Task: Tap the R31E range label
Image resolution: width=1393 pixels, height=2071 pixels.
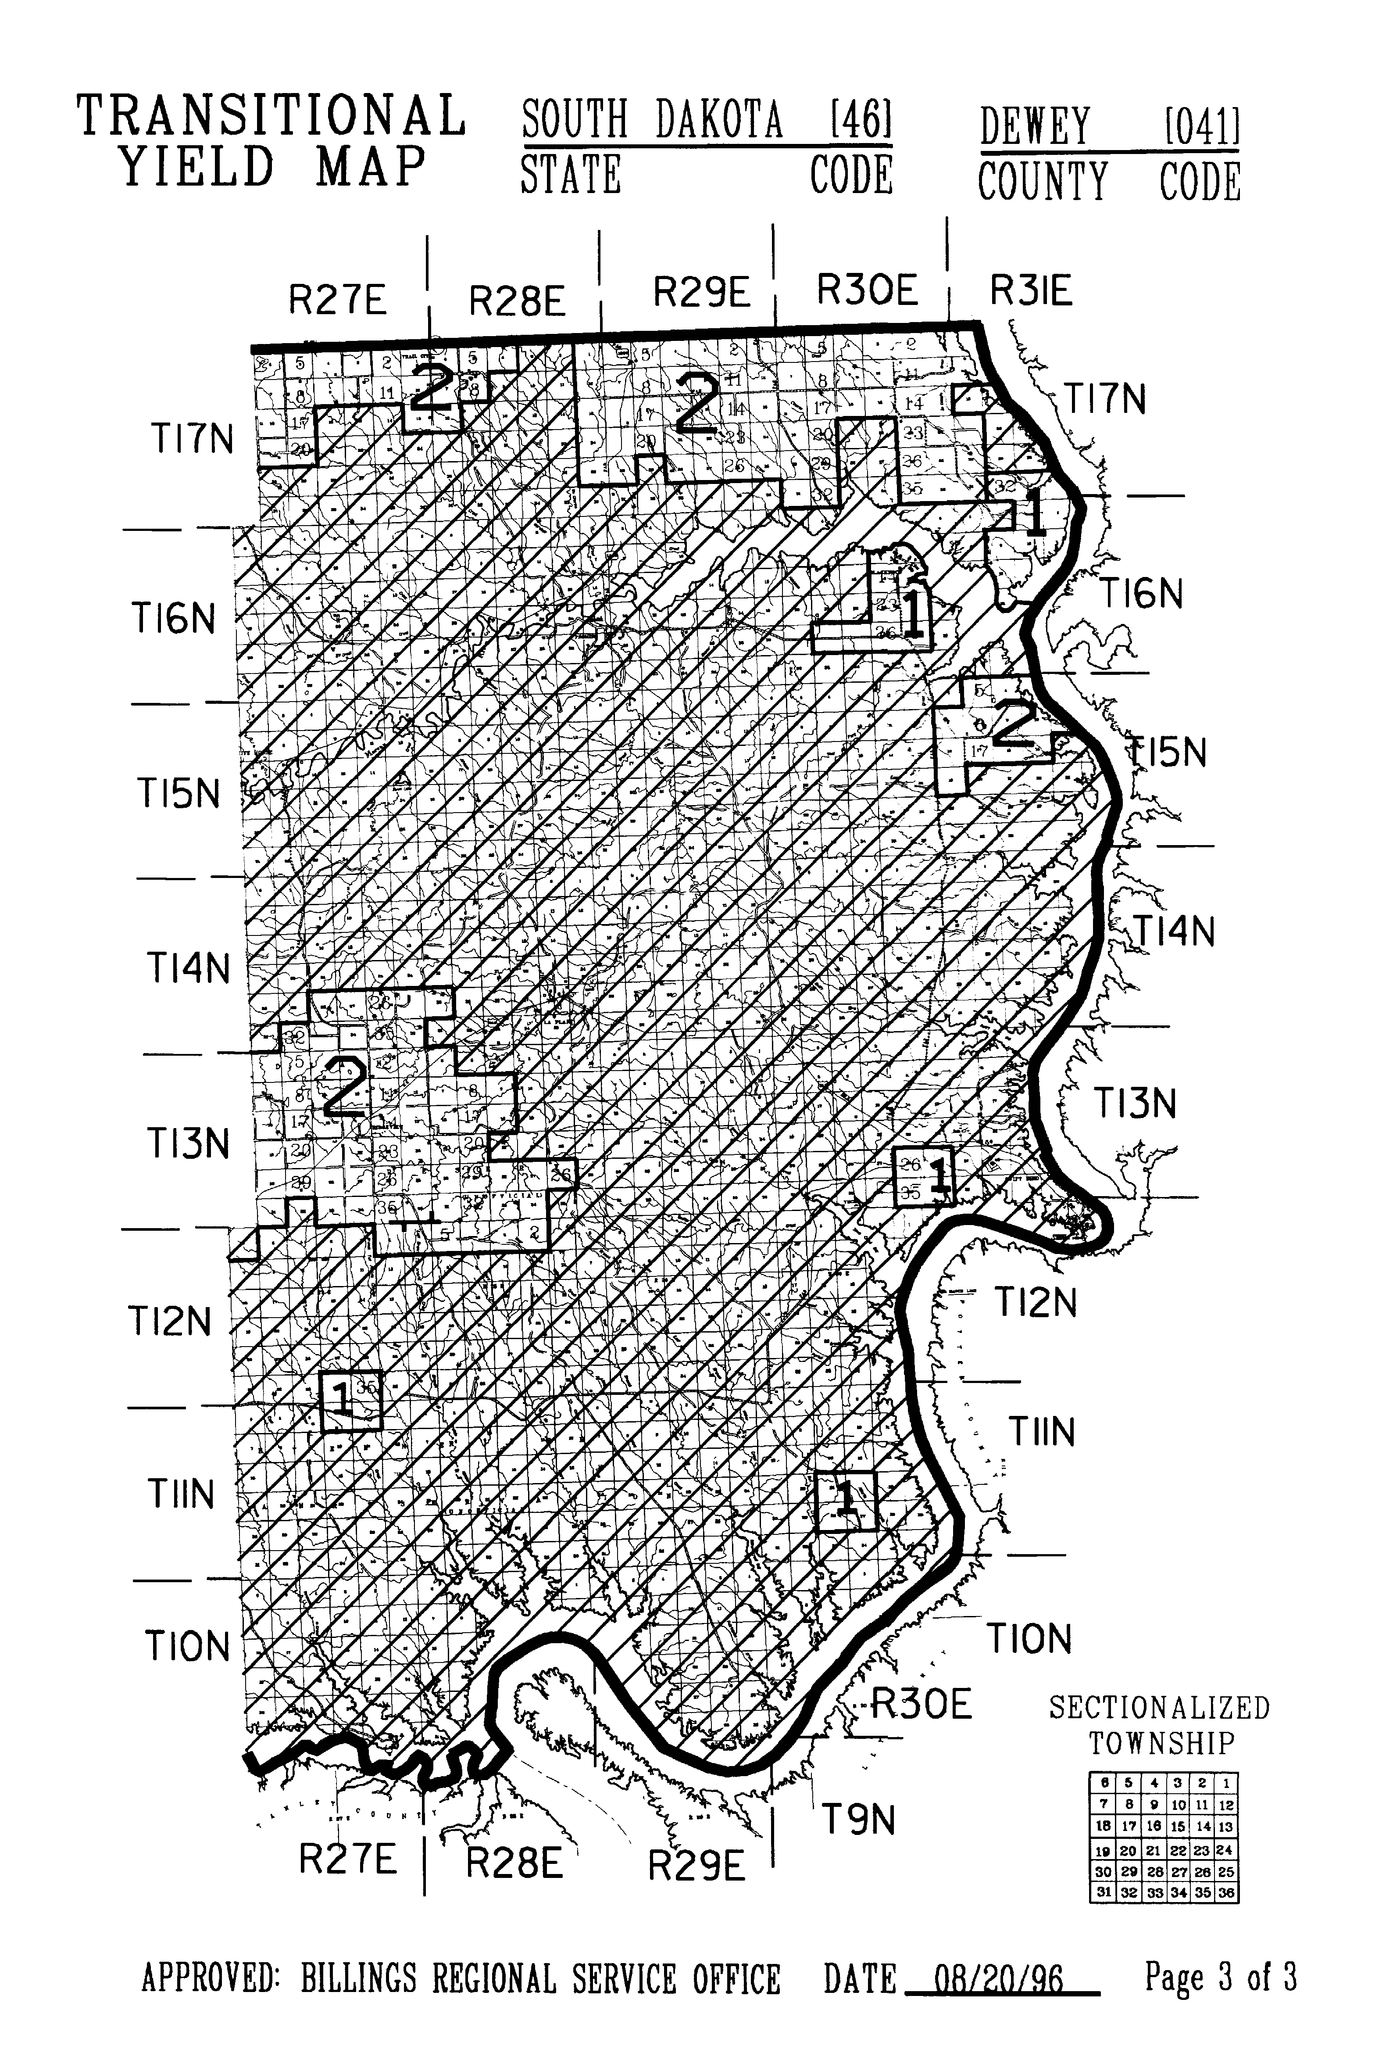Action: click(x=1031, y=290)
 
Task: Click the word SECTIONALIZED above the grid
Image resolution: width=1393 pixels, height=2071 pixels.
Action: click(x=1159, y=1708)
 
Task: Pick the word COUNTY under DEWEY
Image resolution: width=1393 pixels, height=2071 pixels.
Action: click(x=1043, y=182)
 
